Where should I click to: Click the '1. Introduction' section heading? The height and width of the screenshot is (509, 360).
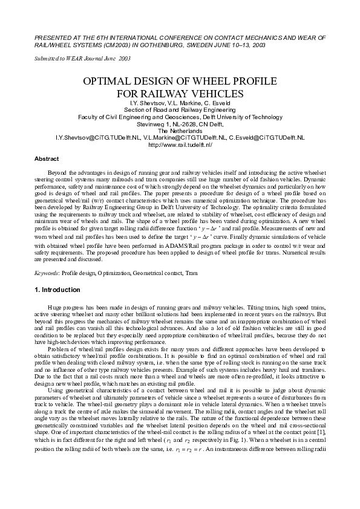point(57,290)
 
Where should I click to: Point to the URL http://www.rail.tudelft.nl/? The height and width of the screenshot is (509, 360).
point(180,145)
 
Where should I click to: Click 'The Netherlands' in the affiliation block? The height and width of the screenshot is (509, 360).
point(180,131)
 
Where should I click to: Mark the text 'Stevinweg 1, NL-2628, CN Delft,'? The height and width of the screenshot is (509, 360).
point(180,124)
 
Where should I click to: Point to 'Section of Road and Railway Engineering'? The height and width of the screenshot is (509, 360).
point(180,110)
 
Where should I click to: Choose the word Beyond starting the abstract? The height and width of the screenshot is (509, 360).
point(55,173)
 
